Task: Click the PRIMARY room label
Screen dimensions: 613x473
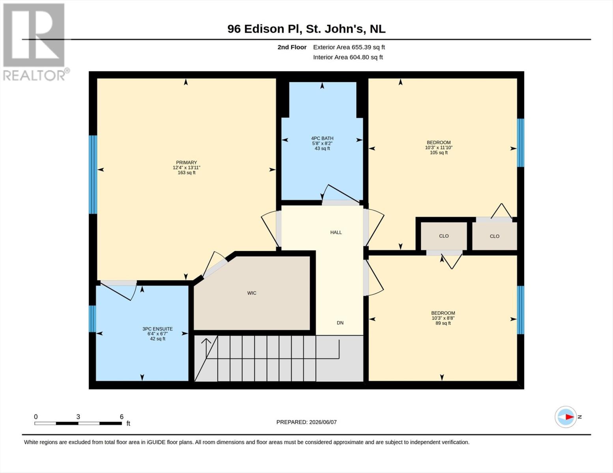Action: click(x=186, y=162)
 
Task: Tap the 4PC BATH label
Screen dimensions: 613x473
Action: click(x=322, y=138)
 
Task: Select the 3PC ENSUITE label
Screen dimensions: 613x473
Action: click(x=157, y=329)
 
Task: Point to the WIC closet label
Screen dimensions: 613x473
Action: click(x=252, y=293)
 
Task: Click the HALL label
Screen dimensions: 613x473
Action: click(x=336, y=232)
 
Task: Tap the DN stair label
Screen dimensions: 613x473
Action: click(x=340, y=323)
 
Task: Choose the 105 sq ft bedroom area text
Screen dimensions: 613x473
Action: click(x=439, y=153)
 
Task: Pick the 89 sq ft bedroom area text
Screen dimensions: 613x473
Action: click(x=443, y=323)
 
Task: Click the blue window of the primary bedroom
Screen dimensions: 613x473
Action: click(x=93, y=175)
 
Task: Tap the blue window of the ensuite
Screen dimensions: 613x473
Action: click(x=92, y=319)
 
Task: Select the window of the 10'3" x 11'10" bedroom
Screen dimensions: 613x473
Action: click(x=520, y=143)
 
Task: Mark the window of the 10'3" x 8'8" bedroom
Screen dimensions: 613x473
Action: click(x=520, y=310)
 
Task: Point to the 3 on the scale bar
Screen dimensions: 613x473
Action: click(x=78, y=417)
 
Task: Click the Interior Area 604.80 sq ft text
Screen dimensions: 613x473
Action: click(x=348, y=57)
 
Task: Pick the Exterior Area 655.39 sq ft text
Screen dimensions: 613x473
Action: click(x=349, y=47)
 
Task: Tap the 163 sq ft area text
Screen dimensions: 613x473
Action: click(x=187, y=173)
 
